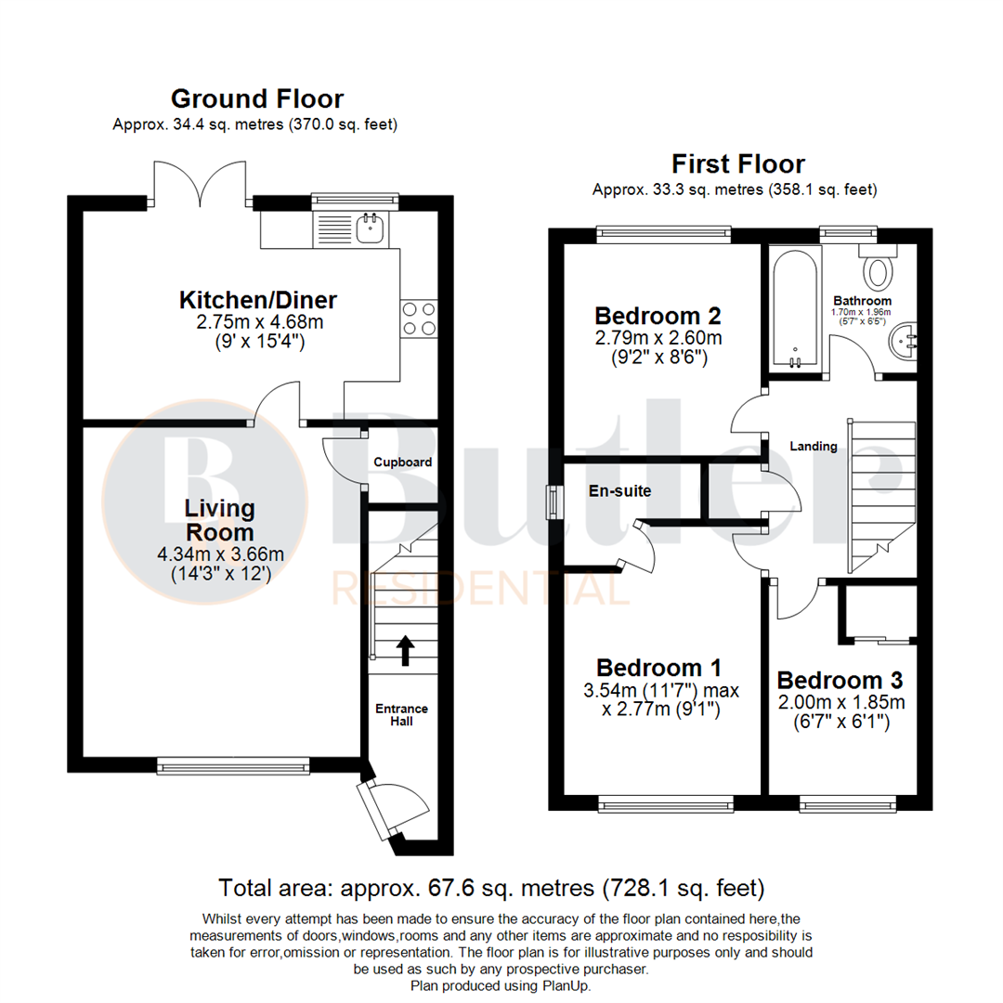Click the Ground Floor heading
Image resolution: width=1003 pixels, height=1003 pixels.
point(257,99)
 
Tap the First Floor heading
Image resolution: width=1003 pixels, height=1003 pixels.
point(738,164)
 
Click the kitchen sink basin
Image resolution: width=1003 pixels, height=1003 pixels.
point(371,228)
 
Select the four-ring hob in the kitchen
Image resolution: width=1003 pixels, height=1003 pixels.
point(419,319)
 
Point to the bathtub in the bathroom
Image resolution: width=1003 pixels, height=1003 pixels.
point(794,307)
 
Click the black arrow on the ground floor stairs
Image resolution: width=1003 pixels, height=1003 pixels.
point(404,650)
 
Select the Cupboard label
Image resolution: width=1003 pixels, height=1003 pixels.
point(402,462)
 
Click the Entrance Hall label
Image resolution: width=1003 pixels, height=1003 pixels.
point(402,714)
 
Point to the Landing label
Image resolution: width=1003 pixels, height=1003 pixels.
point(813,446)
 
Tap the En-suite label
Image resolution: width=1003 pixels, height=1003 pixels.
point(619,490)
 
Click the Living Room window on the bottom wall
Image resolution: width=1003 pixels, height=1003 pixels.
point(233,765)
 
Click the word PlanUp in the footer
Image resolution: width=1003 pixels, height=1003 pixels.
point(564,985)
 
